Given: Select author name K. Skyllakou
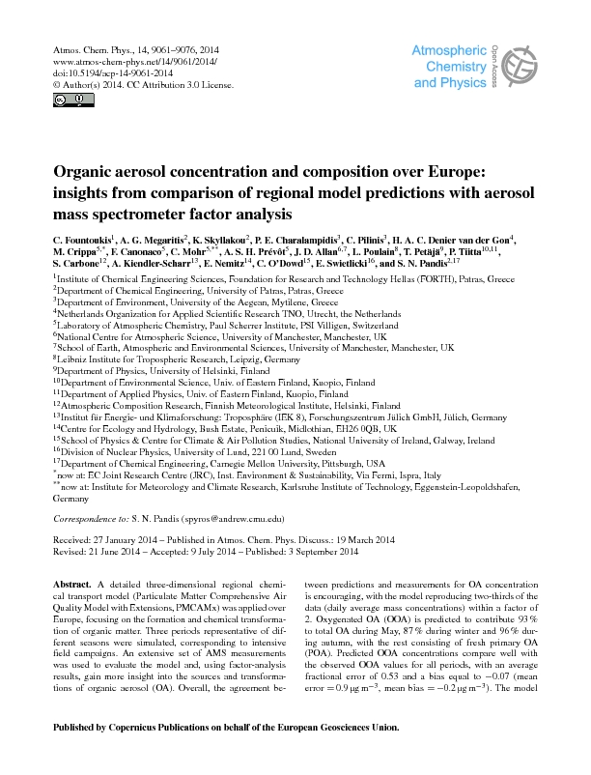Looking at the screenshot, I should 221,239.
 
